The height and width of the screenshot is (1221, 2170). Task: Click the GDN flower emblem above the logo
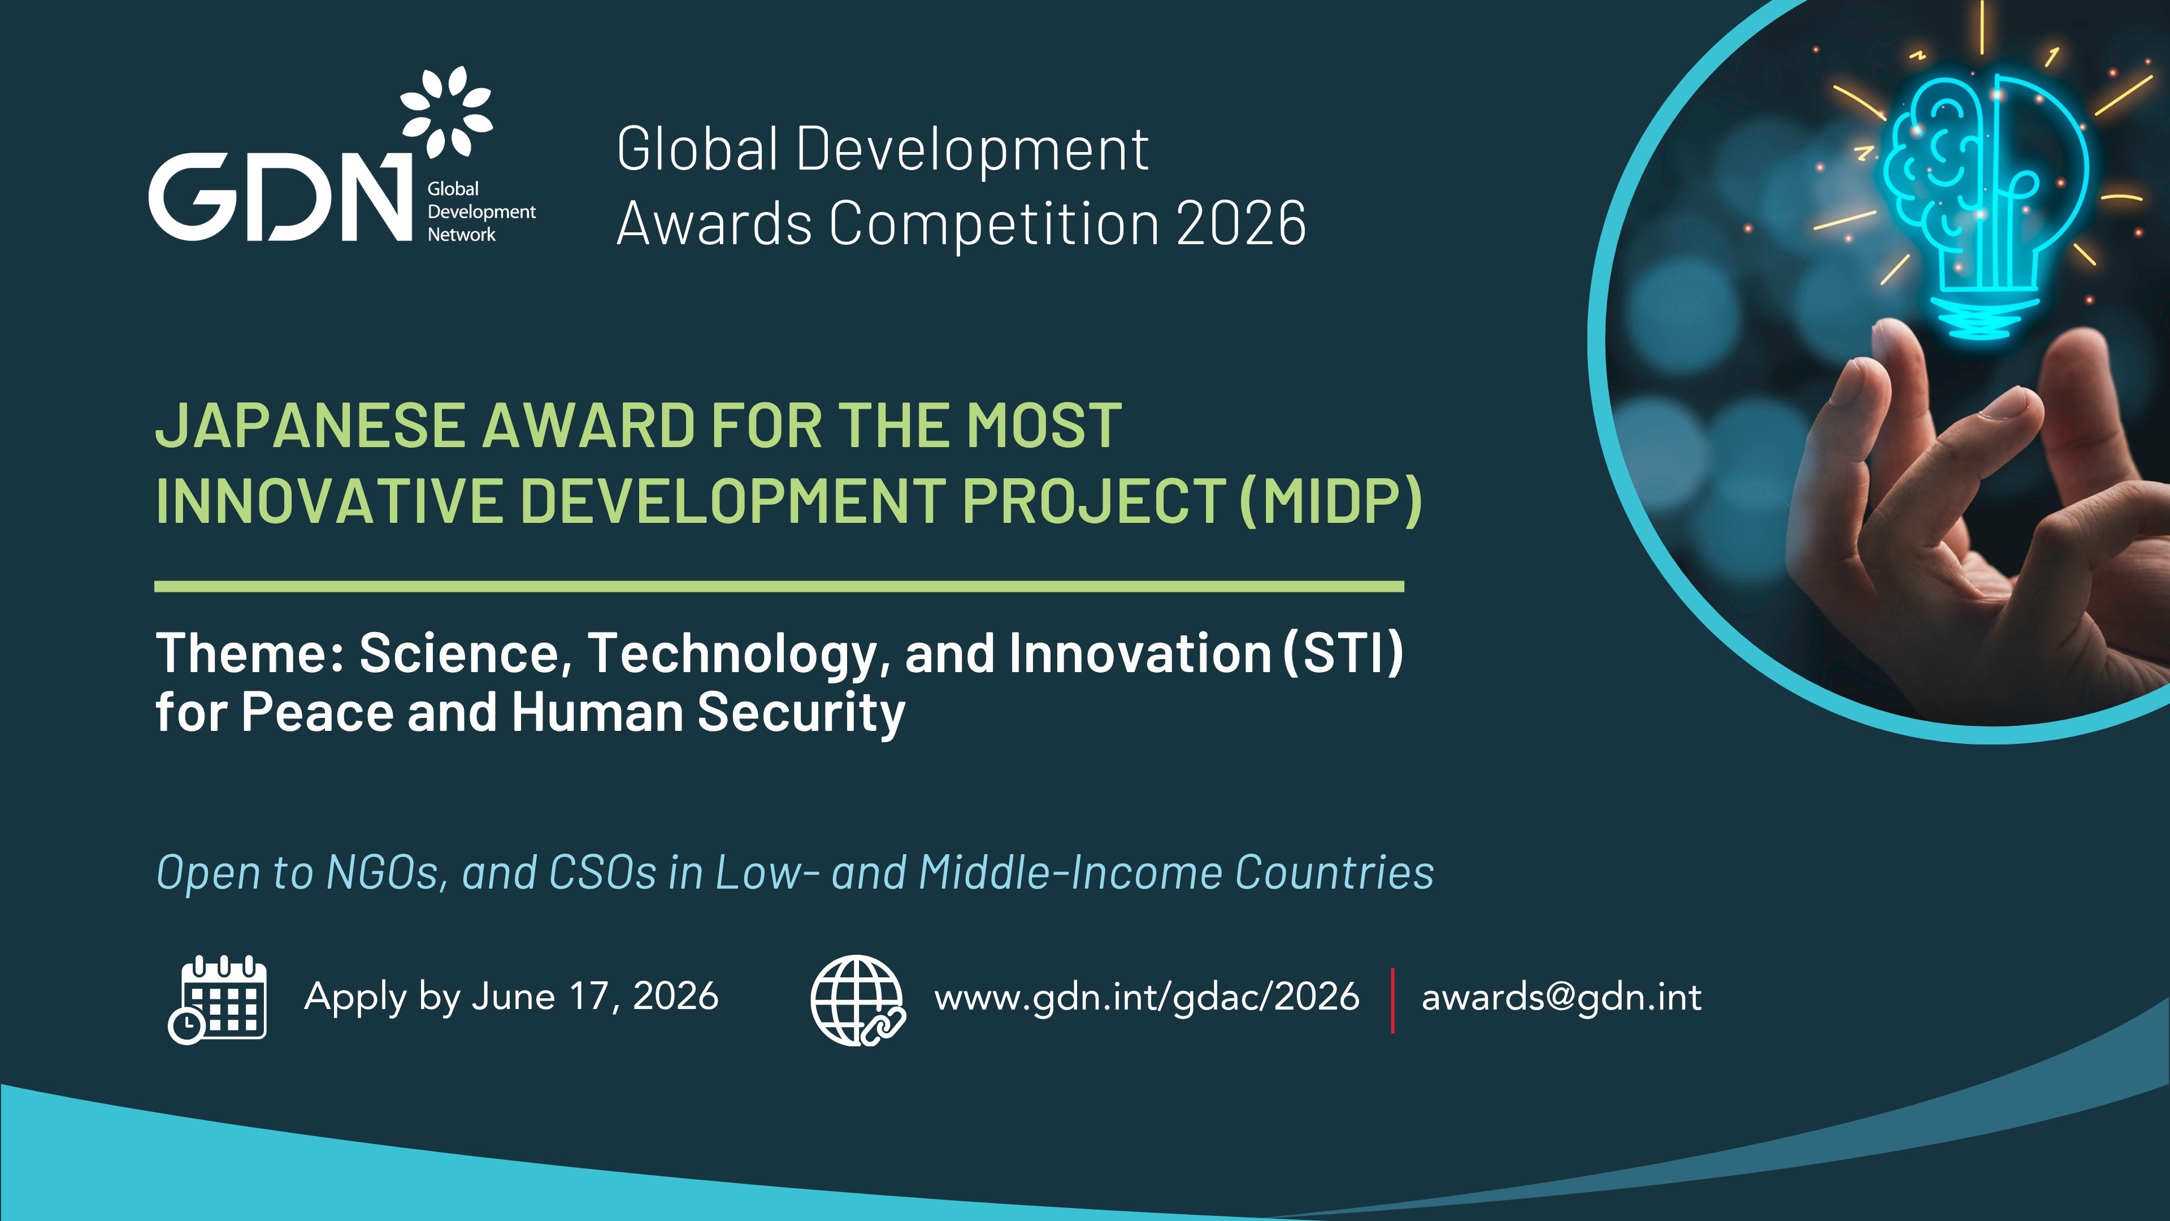pos(446,111)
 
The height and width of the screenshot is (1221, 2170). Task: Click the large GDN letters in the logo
pos(280,196)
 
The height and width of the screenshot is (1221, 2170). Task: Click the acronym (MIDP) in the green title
pos(1331,501)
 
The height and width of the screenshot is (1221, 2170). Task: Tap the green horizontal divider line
pos(779,587)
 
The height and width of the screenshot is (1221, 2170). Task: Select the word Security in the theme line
pos(801,713)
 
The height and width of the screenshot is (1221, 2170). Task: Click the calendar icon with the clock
pos(218,999)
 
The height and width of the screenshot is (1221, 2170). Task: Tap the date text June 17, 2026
pos(594,996)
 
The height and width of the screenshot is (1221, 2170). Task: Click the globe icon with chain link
pos(858,1000)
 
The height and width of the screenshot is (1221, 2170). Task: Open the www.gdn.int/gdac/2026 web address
pos(1147,998)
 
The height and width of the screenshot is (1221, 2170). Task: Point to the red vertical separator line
pos(1392,1000)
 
